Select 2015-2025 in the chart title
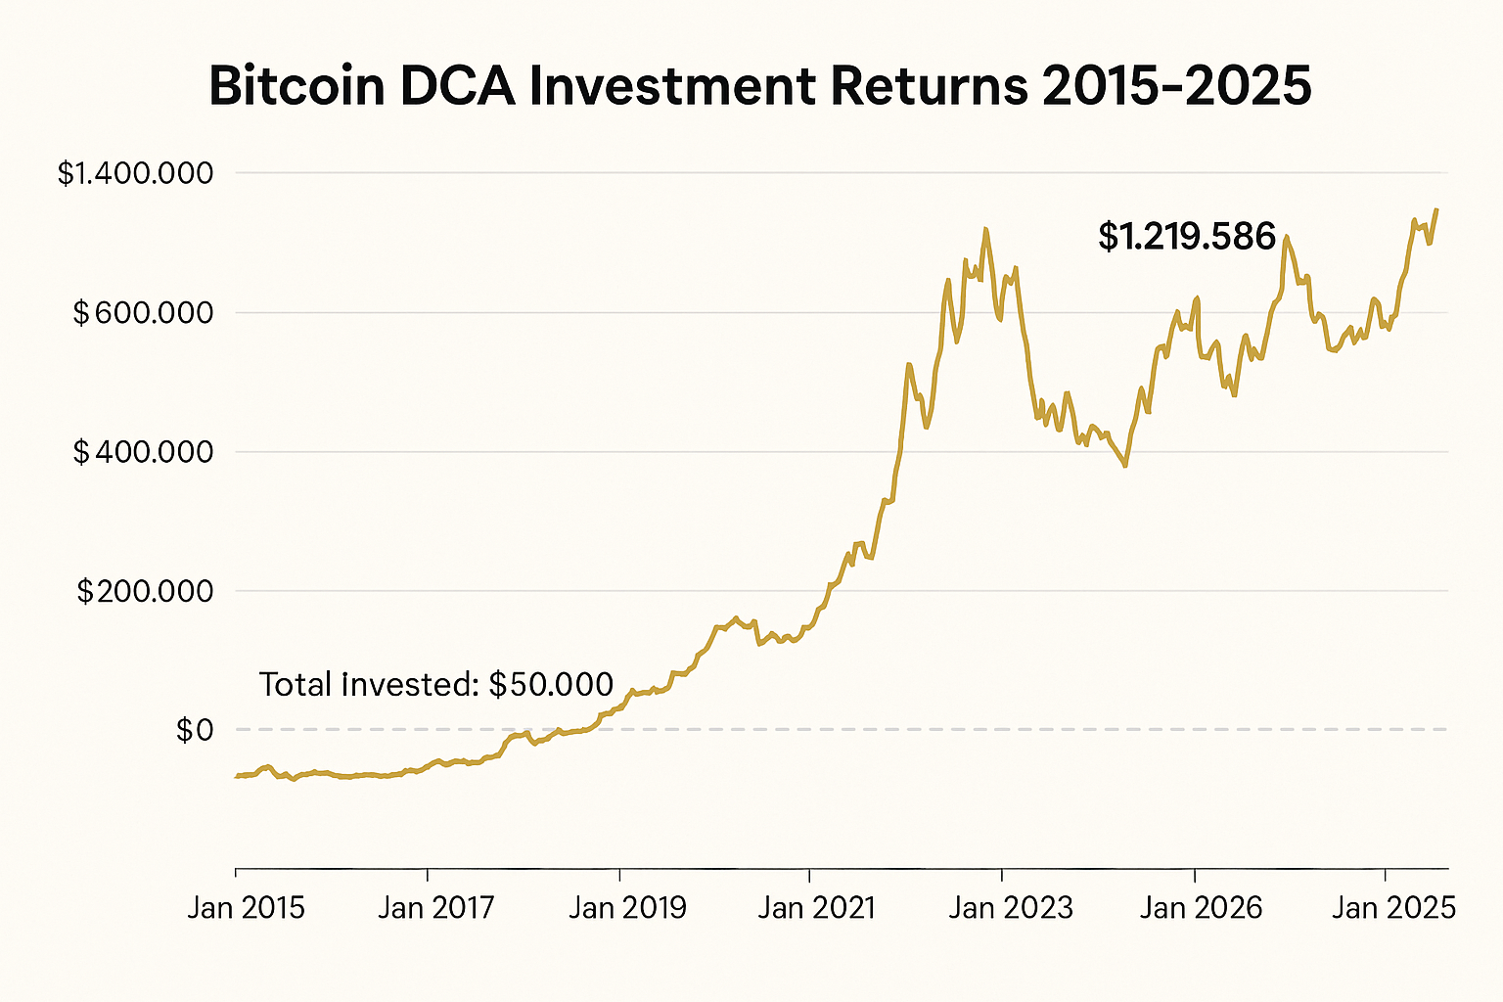(1176, 86)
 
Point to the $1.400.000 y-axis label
(135, 173)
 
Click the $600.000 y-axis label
(143, 313)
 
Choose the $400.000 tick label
(143, 452)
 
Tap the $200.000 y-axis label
(145, 591)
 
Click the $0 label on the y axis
(194, 730)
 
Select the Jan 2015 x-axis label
(246, 908)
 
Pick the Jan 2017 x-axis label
(436, 908)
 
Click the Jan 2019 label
(627, 908)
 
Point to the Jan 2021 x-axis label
(817, 908)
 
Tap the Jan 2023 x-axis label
(1011, 908)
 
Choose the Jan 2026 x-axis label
(1202, 908)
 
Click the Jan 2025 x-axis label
(1393, 908)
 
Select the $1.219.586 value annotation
(1187, 237)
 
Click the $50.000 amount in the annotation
(551, 684)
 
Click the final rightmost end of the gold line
(1436, 208)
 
